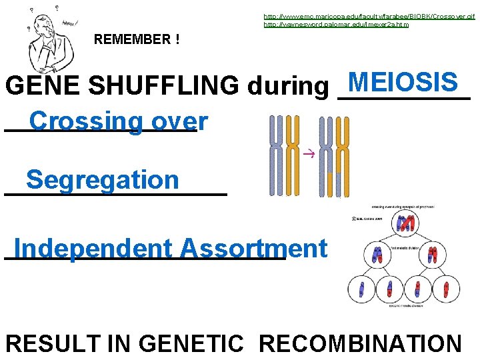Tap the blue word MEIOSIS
(402, 83)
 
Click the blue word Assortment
(253, 248)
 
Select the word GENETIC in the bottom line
(191, 343)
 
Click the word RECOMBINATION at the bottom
(359, 343)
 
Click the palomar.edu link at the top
(336, 25)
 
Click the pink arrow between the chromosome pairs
(307, 155)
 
